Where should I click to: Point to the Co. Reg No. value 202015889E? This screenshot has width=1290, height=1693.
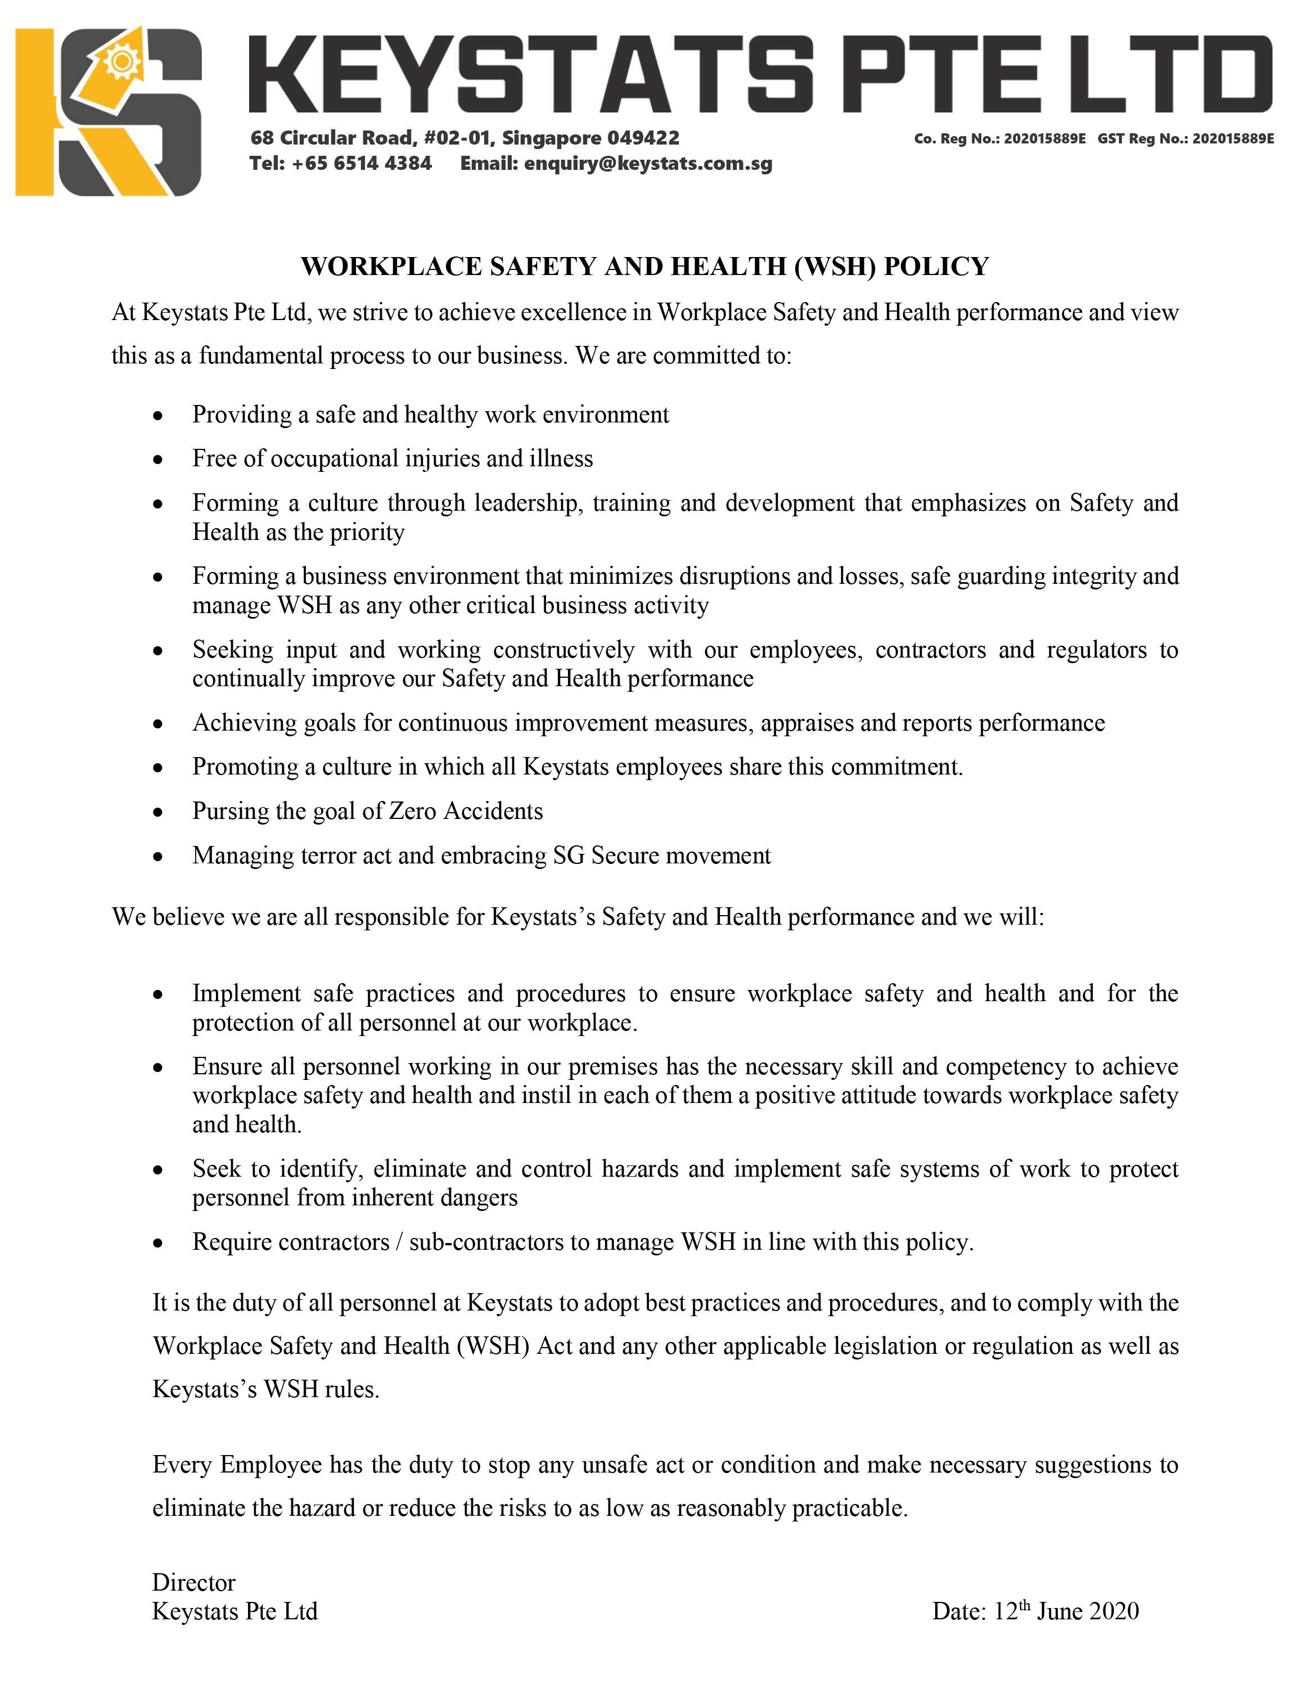pyautogui.click(x=1044, y=139)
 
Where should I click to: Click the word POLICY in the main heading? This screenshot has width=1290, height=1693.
pyautogui.click(x=936, y=267)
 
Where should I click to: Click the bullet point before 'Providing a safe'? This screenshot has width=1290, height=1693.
pyautogui.click(x=158, y=416)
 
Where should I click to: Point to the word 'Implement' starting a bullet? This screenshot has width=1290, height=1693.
pyautogui.click(x=246, y=993)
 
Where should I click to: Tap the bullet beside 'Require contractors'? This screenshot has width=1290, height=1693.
pyautogui.click(x=158, y=1244)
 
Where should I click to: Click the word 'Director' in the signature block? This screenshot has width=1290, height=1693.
pyautogui.click(x=193, y=1582)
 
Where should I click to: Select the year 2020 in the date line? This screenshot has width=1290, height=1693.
pyautogui.click(x=1113, y=1611)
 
